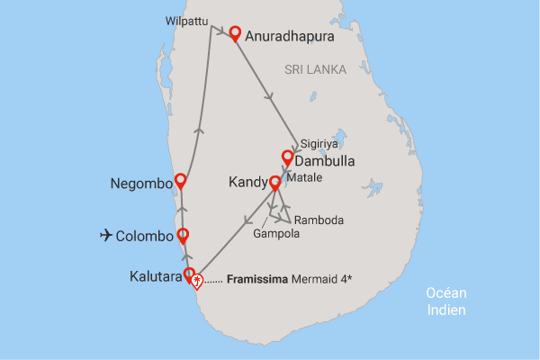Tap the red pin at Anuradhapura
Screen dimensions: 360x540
pos(235,33)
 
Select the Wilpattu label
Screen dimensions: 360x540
pos(185,19)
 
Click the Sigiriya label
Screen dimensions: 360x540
pos(320,143)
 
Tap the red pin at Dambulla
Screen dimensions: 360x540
pos(288,157)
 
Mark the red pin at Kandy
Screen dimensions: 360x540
pos(275,183)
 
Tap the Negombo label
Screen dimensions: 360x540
pos(140,183)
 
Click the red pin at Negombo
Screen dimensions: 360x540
pos(181,180)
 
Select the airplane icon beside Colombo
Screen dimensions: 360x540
pos(108,236)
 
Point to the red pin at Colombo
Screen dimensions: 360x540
pos(183,236)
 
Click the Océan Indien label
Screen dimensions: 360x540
pos(447,302)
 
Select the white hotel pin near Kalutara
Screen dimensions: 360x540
pos(197,282)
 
